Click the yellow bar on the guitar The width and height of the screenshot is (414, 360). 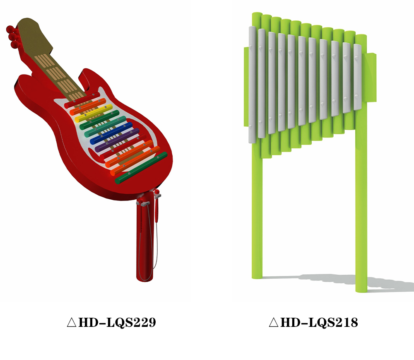pos(94,113)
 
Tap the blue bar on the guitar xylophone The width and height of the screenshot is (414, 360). pos(111,133)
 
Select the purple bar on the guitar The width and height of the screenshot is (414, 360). pos(117,140)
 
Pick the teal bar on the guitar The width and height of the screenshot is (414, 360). pos(105,126)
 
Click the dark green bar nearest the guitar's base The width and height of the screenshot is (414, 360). pos(141,168)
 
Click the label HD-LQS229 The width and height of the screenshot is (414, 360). pos(117,322)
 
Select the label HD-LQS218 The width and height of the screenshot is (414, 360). pos(319,322)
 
